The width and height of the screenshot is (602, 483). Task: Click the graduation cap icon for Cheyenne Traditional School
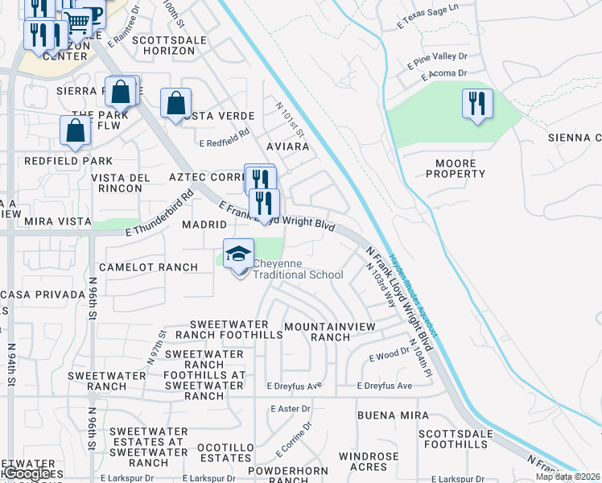click(x=238, y=256)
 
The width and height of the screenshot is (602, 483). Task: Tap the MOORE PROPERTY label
click(x=460, y=168)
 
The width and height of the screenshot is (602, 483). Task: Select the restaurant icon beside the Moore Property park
click(x=478, y=104)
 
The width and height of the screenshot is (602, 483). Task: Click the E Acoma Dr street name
click(x=444, y=74)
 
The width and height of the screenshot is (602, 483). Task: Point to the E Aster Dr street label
click(x=291, y=409)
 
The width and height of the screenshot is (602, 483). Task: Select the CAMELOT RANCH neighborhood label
click(x=148, y=266)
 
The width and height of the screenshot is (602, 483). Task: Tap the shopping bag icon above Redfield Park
click(x=75, y=130)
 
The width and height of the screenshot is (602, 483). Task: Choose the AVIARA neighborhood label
click(x=287, y=147)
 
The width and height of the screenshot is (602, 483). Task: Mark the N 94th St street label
click(x=12, y=366)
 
